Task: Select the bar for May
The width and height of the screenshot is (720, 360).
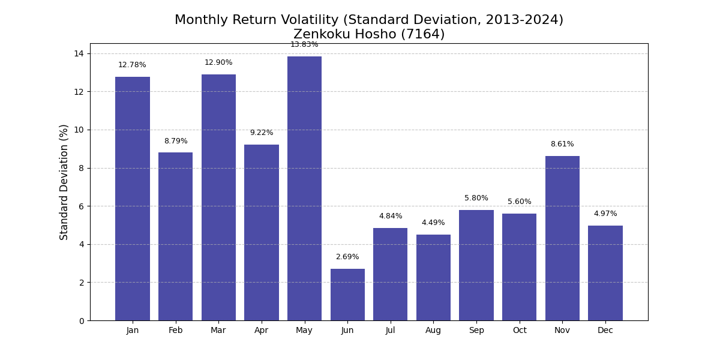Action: tap(304, 188)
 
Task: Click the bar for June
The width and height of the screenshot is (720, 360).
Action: tap(347, 295)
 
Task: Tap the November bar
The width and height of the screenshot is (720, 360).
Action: tap(562, 239)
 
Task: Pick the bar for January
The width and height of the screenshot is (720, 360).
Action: tap(133, 199)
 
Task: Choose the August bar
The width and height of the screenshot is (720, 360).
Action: tap(433, 278)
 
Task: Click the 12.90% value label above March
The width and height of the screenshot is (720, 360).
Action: tap(218, 62)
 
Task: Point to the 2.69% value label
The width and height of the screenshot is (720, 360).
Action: tap(347, 257)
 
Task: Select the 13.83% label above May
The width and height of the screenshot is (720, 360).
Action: tap(304, 44)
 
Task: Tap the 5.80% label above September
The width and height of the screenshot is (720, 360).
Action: tap(476, 198)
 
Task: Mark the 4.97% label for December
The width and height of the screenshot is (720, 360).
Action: tap(605, 214)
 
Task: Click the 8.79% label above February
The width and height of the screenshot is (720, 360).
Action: tap(176, 141)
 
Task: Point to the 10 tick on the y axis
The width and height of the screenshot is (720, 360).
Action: tap(79, 130)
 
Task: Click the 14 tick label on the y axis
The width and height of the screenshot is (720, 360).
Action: tap(79, 53)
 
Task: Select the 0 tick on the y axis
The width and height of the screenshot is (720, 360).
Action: tap(82, 321)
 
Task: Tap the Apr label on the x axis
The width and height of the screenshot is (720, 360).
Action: tap(262, 331)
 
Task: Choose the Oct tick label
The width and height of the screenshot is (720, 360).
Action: tap(520, 330)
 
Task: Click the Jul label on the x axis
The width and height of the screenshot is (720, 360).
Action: tap(390, 330)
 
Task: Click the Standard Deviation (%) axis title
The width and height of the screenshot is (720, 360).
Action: tap(64, 182)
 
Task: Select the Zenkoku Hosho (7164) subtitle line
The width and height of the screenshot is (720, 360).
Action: tap(369, 34)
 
